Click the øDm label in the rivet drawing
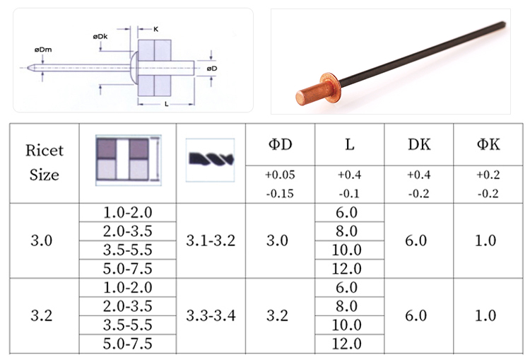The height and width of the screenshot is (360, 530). pyautogui.click(x=43, y=50)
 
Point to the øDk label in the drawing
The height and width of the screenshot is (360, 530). pyautogui.click(x=100, y=36)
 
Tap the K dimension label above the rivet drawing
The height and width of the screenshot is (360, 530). pyautogui.click(x=156, y=29)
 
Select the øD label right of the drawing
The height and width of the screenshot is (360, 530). pyautogui.click(x=212, y=69)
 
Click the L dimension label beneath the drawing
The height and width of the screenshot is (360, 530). pyautogui.click(x=166, y=104)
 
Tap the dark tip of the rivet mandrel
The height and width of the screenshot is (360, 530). pyautogui.click(x=503, y=23)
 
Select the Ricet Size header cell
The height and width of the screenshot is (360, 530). pyautogui.click(x=45, y=163)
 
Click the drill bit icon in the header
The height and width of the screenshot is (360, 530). pyautogui.click(x=211, y=158)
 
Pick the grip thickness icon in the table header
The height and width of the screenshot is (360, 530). pyautogui.click(x=129, y=160)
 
